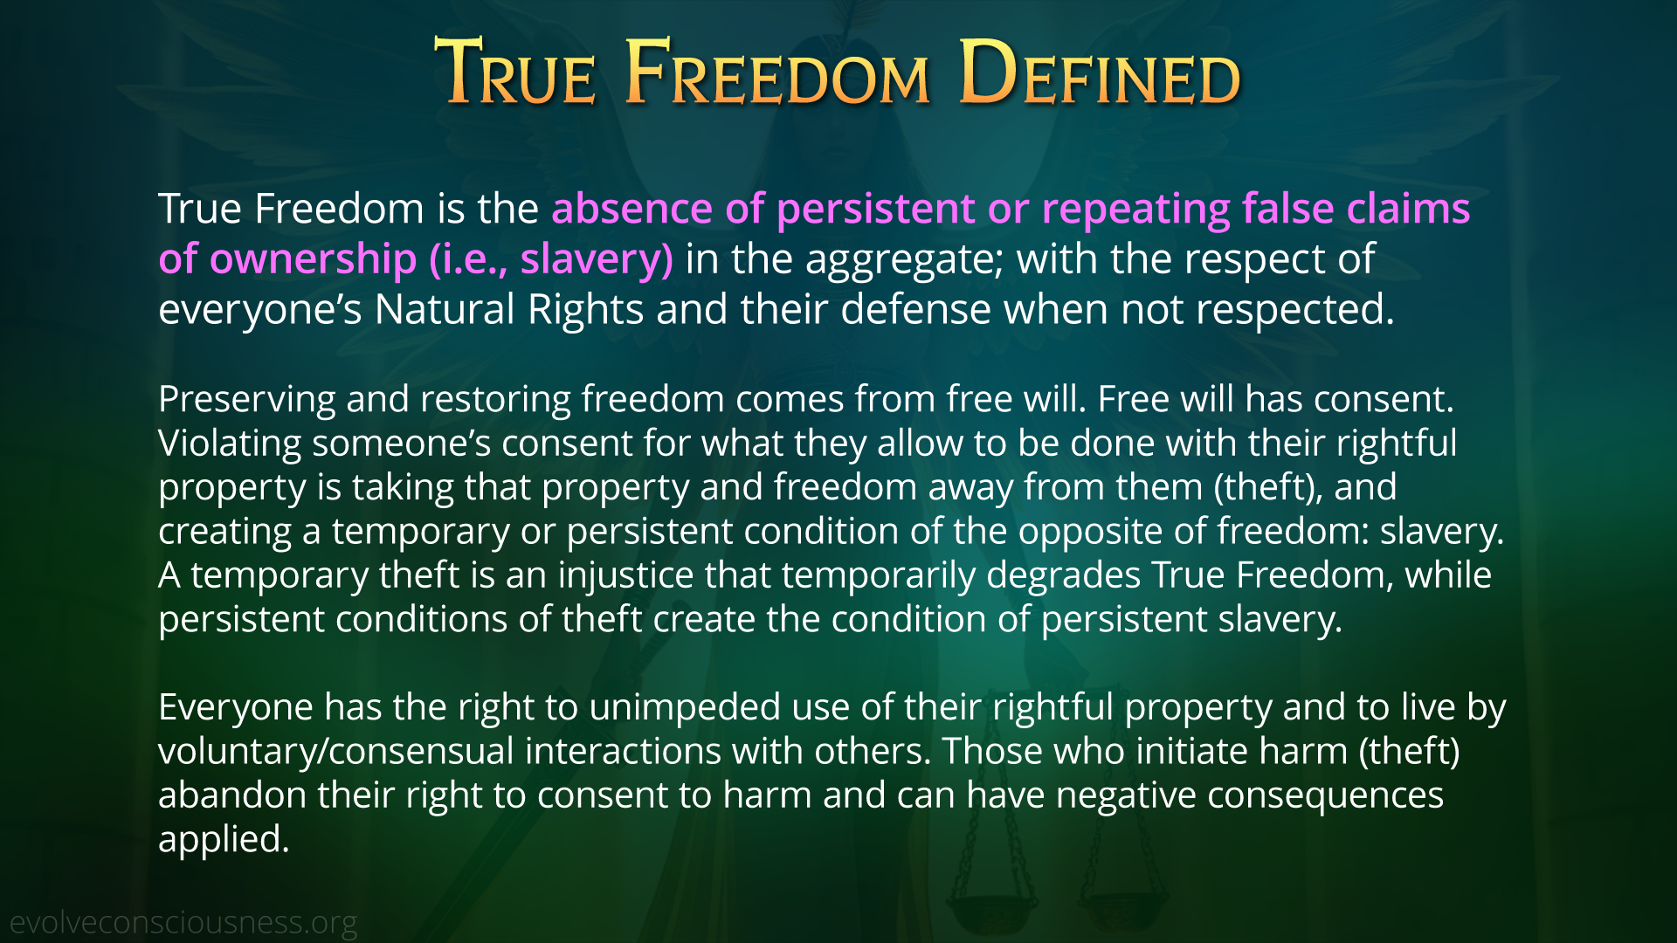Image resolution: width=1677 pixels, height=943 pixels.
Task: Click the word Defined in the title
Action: tap(1100, 73)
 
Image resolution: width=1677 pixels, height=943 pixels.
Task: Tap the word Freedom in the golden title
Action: tap(778, 73)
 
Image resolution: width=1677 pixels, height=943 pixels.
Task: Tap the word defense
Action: tap(914, 310)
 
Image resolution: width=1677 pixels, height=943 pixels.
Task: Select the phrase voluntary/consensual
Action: tap(336, 753)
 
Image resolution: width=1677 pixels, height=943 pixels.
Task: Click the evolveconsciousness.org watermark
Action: tap(183, 923)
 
